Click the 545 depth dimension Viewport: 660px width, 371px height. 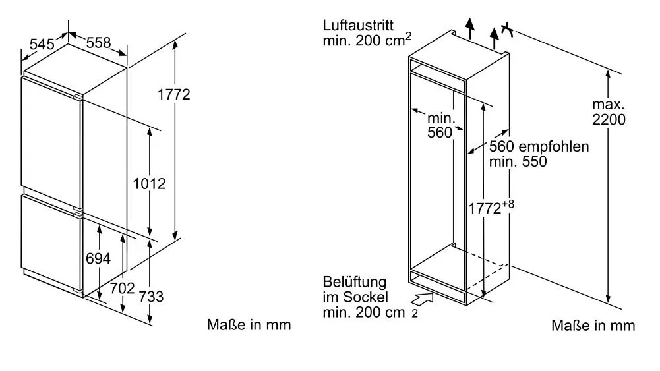(x=42, y=45)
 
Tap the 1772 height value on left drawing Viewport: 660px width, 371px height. (x=173, y=95)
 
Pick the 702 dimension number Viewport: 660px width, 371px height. (x=123, y=288)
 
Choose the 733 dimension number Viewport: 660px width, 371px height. (x=152, y=297)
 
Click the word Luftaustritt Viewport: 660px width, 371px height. (x=358, y=26)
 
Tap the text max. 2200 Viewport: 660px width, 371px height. (x=609, y=112)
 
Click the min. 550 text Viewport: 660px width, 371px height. (x=518, y=162)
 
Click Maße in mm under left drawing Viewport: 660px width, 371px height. (x=249, y=325)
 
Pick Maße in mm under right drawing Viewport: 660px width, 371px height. (x=593, y=325)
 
